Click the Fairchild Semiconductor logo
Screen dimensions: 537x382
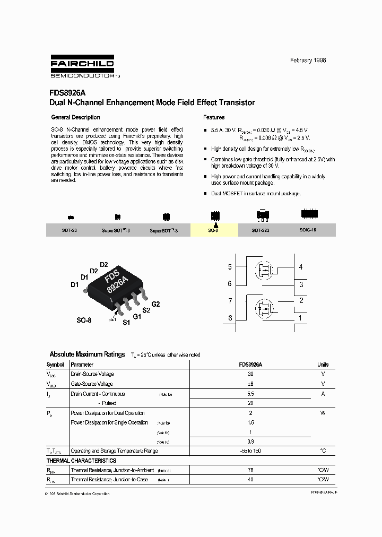click(x=82, y=66)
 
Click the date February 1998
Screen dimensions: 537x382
click(x=308, y=60)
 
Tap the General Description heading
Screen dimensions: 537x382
click(x=75, y=117)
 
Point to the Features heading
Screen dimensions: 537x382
click(x=214, y=117)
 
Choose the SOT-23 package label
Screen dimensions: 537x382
click(x=70, y=231)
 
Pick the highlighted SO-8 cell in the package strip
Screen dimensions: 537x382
click(x=214, y=229)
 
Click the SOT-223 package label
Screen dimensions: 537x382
click(x=261, y=231)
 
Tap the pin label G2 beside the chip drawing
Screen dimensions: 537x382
click(x=155, y=304)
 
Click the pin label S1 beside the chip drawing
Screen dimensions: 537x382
click(x=126, y=322)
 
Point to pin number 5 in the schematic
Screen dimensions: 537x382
click(x=230, y=267)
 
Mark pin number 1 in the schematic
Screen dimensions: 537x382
click(x=301, y=318)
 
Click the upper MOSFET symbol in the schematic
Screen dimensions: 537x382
click(x=264, y=270)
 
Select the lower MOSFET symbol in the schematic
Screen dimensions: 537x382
click(x=264, y=309)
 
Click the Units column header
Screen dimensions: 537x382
click(x=323, y=365)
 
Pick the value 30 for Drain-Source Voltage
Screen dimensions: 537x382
click(x=250, y=374)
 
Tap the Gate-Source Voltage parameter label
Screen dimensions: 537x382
click(x=92, y=384)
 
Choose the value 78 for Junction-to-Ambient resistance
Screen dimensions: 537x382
click(x=250, y=470)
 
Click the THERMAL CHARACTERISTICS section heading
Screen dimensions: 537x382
click(x=81, y=461)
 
